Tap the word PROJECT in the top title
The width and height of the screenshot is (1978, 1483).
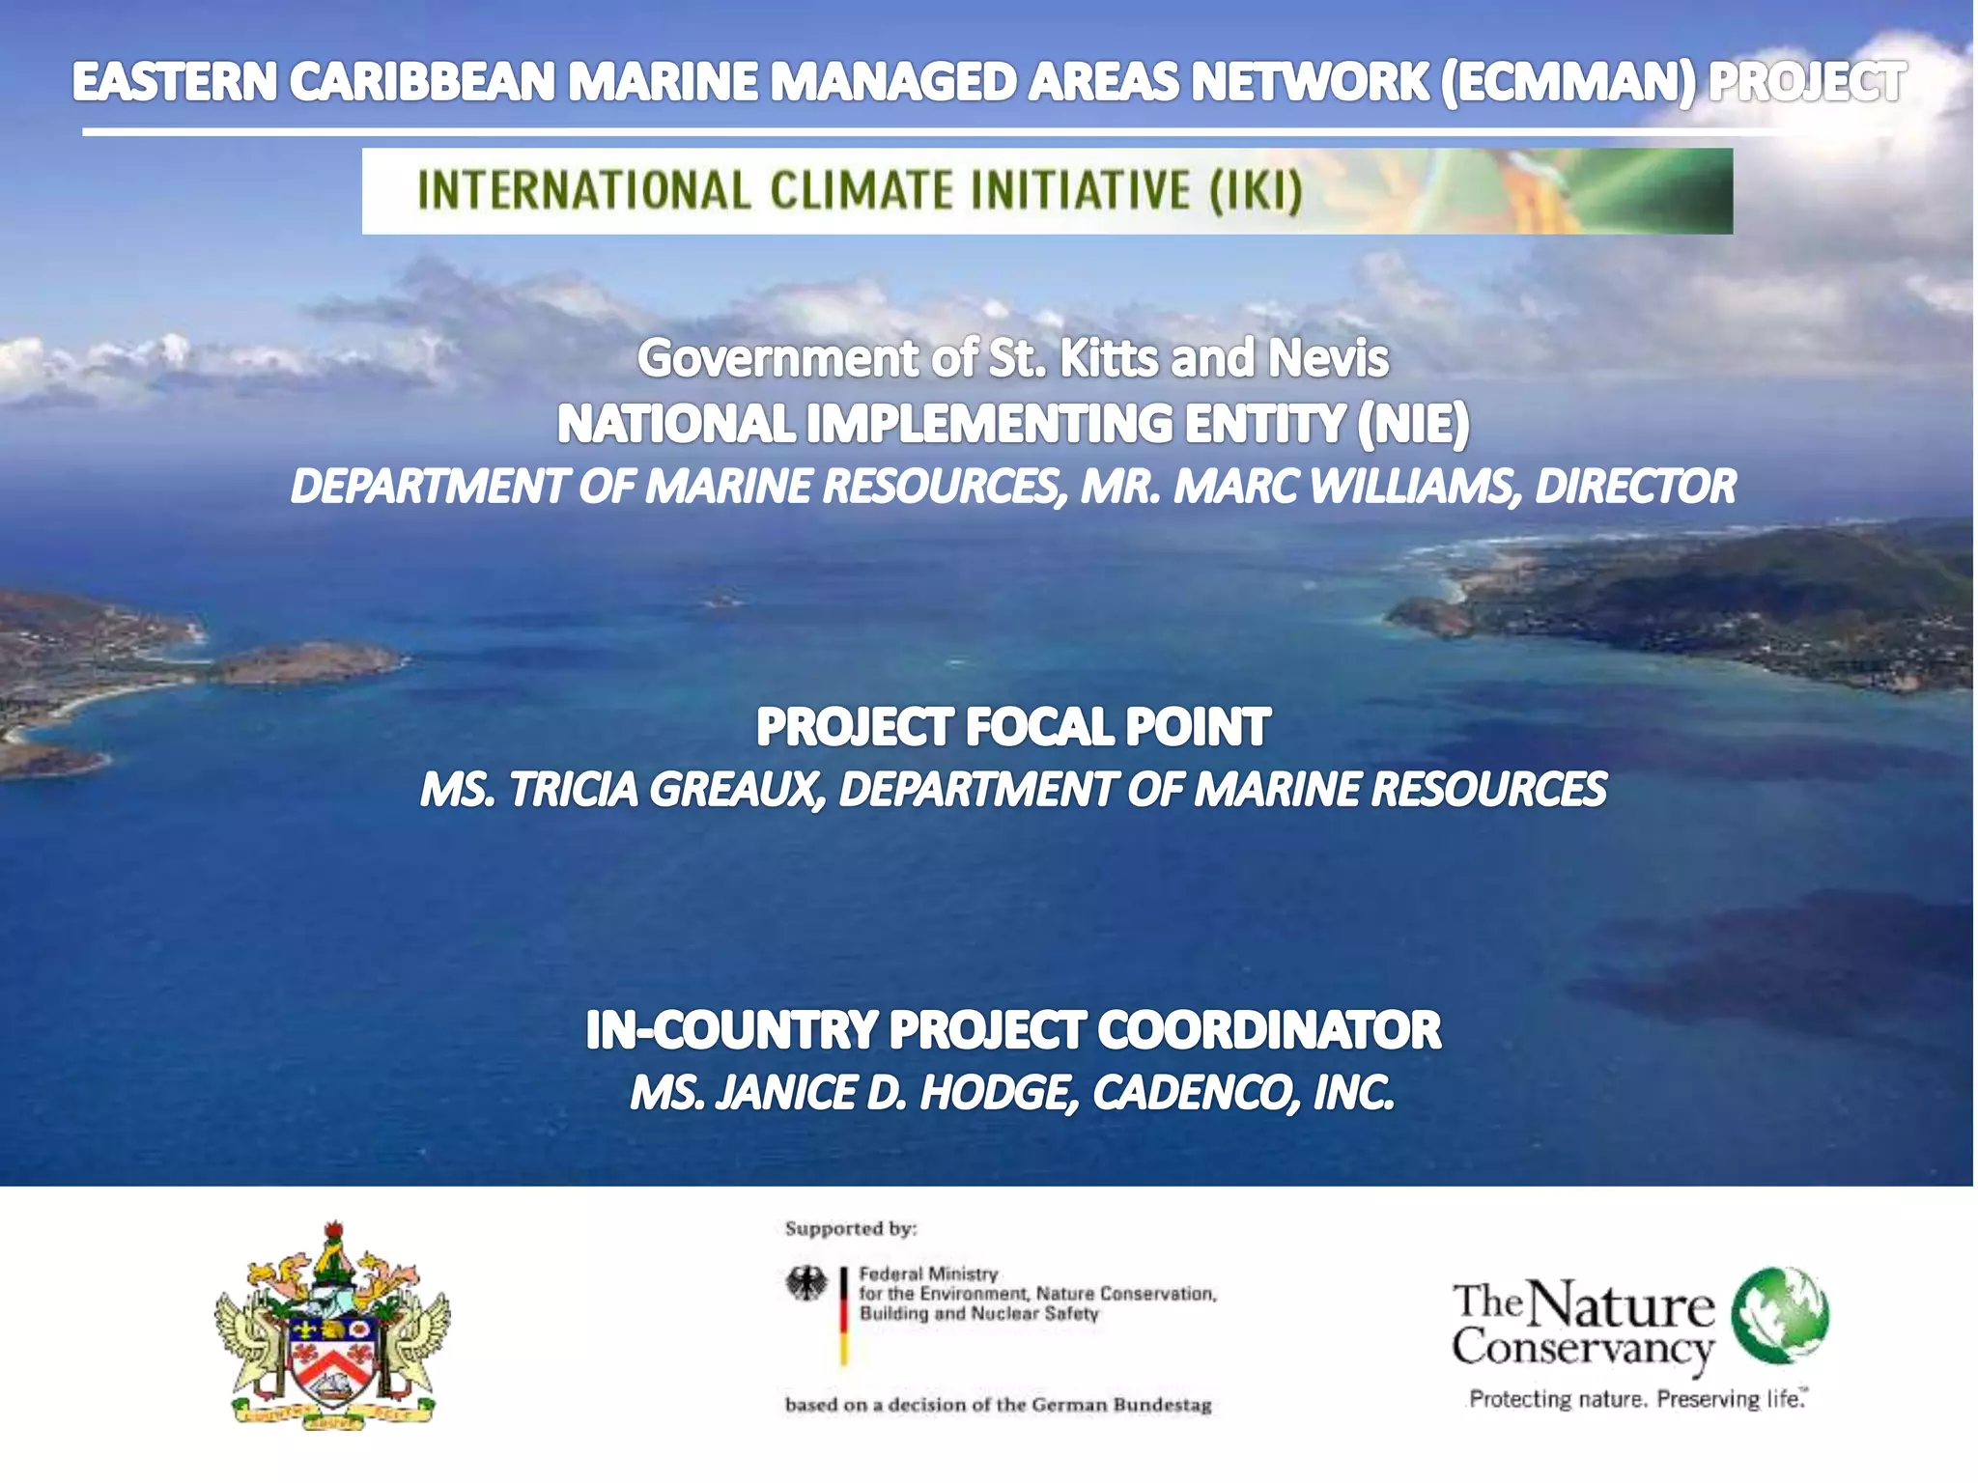click(x=1807, y=81)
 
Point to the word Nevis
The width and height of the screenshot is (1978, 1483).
click(x=1328, y=358)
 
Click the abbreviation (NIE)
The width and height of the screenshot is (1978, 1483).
click(x=1413, y=424)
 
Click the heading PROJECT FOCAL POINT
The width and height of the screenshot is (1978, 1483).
click(x=1012, y=727)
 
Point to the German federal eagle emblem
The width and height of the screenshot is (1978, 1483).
click(x=806, y=1284)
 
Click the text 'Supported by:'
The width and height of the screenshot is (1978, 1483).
click(x=850, y=1228)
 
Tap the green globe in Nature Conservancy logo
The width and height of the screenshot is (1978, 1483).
click(x=1780, y=1314)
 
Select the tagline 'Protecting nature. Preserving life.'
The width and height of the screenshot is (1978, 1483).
click(x=1637, y=1398)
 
